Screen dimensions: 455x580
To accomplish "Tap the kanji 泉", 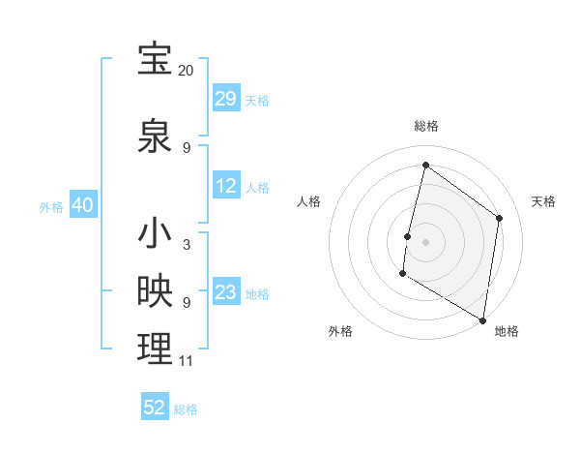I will pyautogui.click(x=155, y=136).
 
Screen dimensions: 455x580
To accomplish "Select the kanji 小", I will pyautogui.click(x=155, y=233).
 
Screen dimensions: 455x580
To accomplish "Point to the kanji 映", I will pyautogui.click(x=155, y=291).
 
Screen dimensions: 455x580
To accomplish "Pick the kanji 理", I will pyautogui.click(x=155, y=349).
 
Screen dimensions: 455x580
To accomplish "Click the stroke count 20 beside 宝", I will pyautogui.click(x=186, y=71).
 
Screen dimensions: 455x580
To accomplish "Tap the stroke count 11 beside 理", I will pyautogui.click(x=186, y=361).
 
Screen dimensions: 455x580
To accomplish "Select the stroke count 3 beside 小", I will pyautogui.click(x=186, y=245).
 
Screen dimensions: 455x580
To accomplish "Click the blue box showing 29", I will pyautogui.click(x=226, y=99).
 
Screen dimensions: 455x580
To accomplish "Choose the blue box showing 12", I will pyautogui.click(x=226, y=186).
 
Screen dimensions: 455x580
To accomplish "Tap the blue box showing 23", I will pyautogui.click(x=226, y=292).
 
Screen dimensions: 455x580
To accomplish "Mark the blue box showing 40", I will pyautogui.click(x=82, y=205).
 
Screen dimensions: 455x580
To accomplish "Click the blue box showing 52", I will pyautogui.click(x=155, y=408).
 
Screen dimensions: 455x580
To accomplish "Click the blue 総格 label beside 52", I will pyautogui.click(x=186, y=409).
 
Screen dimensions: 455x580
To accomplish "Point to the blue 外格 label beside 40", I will pyautogui.click(x=51, y=206).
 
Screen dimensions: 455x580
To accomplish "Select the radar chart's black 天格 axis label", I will pyautogui.click(x=543, y=201).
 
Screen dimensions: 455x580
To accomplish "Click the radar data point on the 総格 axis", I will pyautogui.click(x=425, y=165).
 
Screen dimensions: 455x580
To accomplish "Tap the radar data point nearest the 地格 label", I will pyautogui.click(x=482, y=319).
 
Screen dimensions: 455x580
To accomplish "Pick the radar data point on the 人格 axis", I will pyautogui.click(x=408, y=236).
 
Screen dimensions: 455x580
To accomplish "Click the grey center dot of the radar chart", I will pyautogui.click(x=425, y=242).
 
